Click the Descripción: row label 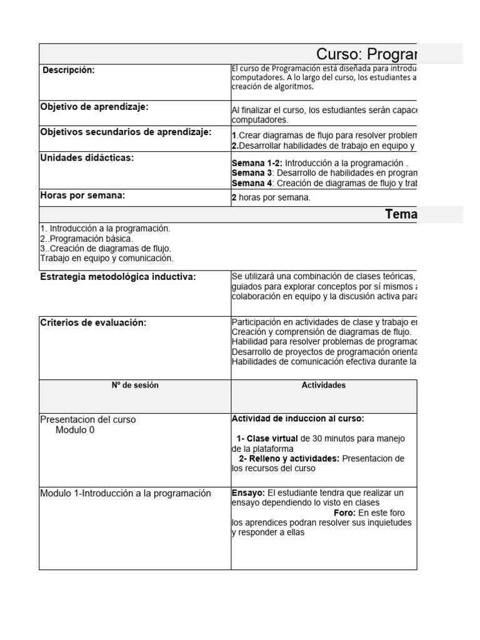click(x=69, y=71)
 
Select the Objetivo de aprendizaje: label click(x=94, y=107)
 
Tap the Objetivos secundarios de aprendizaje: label click(x=126, y=132)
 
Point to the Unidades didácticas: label click(x=87, y=158)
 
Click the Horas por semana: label click(x=82, y=196)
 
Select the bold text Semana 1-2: click(x=256, y=162)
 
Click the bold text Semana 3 click(x=252, y=172)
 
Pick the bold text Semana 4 click(x=252, y=183)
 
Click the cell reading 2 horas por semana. click(x=271, y=198)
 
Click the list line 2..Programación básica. click(x=86, y=239)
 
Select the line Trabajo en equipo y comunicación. click(x=107, y=258)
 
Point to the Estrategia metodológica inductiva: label click(x=118, y=277)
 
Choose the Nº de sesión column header click(x=135, y=386)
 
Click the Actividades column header click(x=323, y=386)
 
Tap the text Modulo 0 click(x=75, y=430)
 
